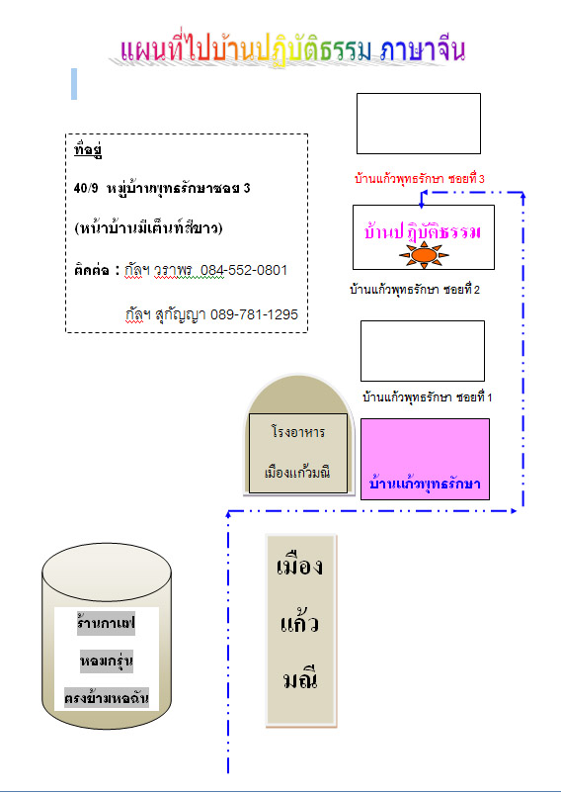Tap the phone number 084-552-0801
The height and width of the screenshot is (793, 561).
point(244,271)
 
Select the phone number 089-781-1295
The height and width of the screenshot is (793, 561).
point(254,314)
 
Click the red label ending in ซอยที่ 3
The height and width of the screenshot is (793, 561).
point(420,179)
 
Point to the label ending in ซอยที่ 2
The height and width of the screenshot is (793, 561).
point(415,290)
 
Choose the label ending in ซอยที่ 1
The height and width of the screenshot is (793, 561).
point(428,397)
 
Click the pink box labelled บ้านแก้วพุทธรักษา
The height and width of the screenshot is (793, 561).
point(425,459)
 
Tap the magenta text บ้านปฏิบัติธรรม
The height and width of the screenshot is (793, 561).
point(422,231)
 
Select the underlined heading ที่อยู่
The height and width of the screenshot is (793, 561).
point(88,151)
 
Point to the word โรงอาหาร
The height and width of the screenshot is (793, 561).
point(298,433)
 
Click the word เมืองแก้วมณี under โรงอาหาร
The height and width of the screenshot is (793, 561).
point(297,473)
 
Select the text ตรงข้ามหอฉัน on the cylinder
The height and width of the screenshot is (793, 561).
point(107,698)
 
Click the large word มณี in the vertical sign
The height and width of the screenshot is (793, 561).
point(300,679)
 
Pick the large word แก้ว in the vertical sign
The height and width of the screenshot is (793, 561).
point(299,623)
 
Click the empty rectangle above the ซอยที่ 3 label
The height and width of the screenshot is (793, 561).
point(419,124)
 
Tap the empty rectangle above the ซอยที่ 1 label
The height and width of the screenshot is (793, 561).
point(423,351)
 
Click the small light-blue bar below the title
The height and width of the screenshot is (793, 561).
point(74,84)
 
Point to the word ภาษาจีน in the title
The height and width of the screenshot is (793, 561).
point(423,50)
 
